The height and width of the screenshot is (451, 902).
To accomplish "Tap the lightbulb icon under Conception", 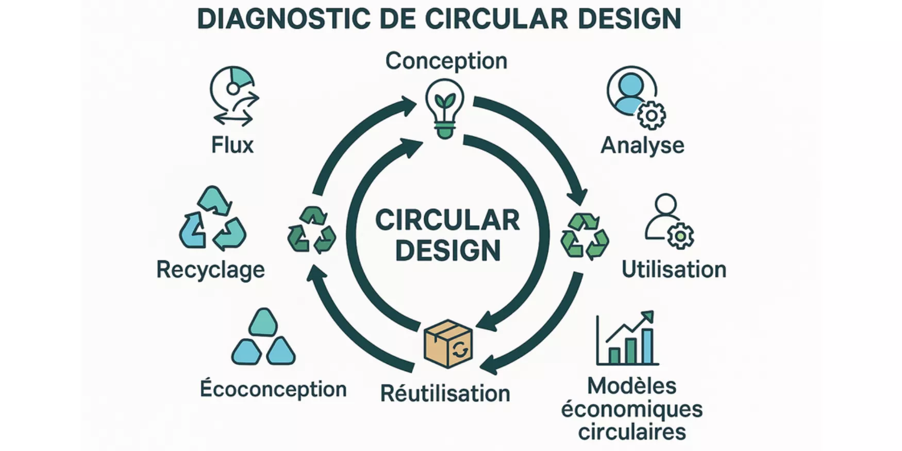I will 445,108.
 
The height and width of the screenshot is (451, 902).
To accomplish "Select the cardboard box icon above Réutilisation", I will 447,343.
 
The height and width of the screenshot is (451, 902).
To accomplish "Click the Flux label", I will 232,145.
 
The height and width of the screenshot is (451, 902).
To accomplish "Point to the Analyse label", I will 642,145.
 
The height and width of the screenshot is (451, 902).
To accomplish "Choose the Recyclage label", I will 210,270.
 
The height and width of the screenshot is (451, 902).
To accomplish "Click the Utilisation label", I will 674,270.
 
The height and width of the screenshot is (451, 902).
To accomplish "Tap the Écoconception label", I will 273,389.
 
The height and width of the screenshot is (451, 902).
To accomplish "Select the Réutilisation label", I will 445,393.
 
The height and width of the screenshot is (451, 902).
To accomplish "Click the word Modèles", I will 631,386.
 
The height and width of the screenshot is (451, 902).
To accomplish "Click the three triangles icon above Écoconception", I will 263,338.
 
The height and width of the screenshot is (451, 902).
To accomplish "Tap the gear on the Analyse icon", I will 651,115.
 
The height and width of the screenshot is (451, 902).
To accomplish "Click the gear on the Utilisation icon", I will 680,236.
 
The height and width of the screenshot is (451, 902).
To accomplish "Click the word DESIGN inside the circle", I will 448,250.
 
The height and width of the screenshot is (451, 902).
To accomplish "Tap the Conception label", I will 446,61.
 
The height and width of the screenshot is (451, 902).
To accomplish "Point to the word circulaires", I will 631,432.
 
